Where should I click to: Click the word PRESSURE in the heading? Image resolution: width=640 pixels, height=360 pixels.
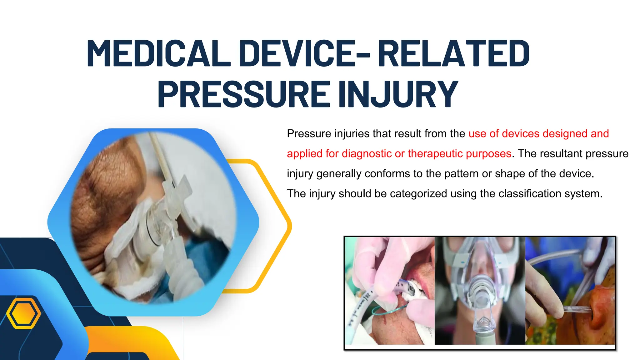(244, 94)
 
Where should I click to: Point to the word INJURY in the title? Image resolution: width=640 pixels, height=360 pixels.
(398, 94)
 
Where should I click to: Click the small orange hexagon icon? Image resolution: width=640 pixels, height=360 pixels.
(23, 313)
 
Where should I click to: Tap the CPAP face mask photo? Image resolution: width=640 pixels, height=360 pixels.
(480, 291)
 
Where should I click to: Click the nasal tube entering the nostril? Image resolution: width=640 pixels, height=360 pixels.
(578, 310)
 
